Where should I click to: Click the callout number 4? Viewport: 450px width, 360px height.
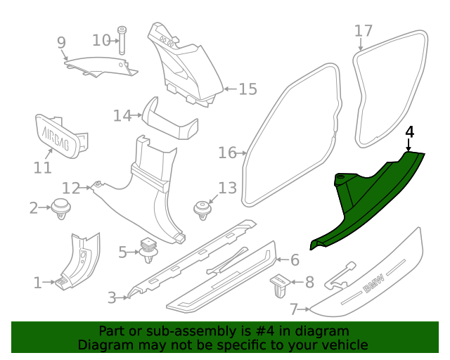410,132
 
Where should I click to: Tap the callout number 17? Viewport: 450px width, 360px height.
363,31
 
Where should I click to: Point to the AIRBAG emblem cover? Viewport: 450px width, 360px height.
58,133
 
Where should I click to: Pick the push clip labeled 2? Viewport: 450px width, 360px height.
60,208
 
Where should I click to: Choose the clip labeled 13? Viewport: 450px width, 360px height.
202,210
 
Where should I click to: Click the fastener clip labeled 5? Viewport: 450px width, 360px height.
148,250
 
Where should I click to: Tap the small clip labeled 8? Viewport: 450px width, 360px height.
280,283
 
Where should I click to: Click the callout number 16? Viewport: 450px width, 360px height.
228,153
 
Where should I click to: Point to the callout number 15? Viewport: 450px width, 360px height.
247,89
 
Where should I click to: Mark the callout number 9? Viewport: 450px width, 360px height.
61,43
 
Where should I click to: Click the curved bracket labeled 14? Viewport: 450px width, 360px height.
169,121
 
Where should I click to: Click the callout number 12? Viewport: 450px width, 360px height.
71,188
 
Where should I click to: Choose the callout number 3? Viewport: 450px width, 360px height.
112,297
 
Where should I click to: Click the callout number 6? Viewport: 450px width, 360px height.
295,260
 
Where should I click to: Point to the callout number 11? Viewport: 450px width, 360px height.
43,167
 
